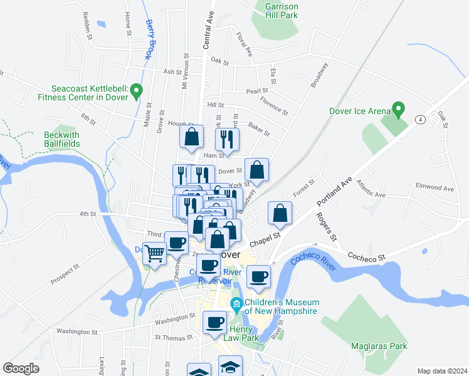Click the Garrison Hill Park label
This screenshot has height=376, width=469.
click(x=282, y=11)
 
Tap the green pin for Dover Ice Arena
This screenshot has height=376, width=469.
click(x=397, y=110)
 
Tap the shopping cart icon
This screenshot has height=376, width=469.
click(x=154, y=253)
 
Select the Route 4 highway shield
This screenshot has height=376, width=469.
click(x=419, y=119)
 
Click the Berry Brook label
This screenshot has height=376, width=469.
click(x=150, y=39)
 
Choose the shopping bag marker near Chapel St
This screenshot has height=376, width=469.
click(x=280, y=213)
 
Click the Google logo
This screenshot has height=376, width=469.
click(x=21, y=368)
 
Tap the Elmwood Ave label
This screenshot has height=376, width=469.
click(x=435, y=187)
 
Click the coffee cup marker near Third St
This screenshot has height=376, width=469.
click(x=177, y=242)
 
